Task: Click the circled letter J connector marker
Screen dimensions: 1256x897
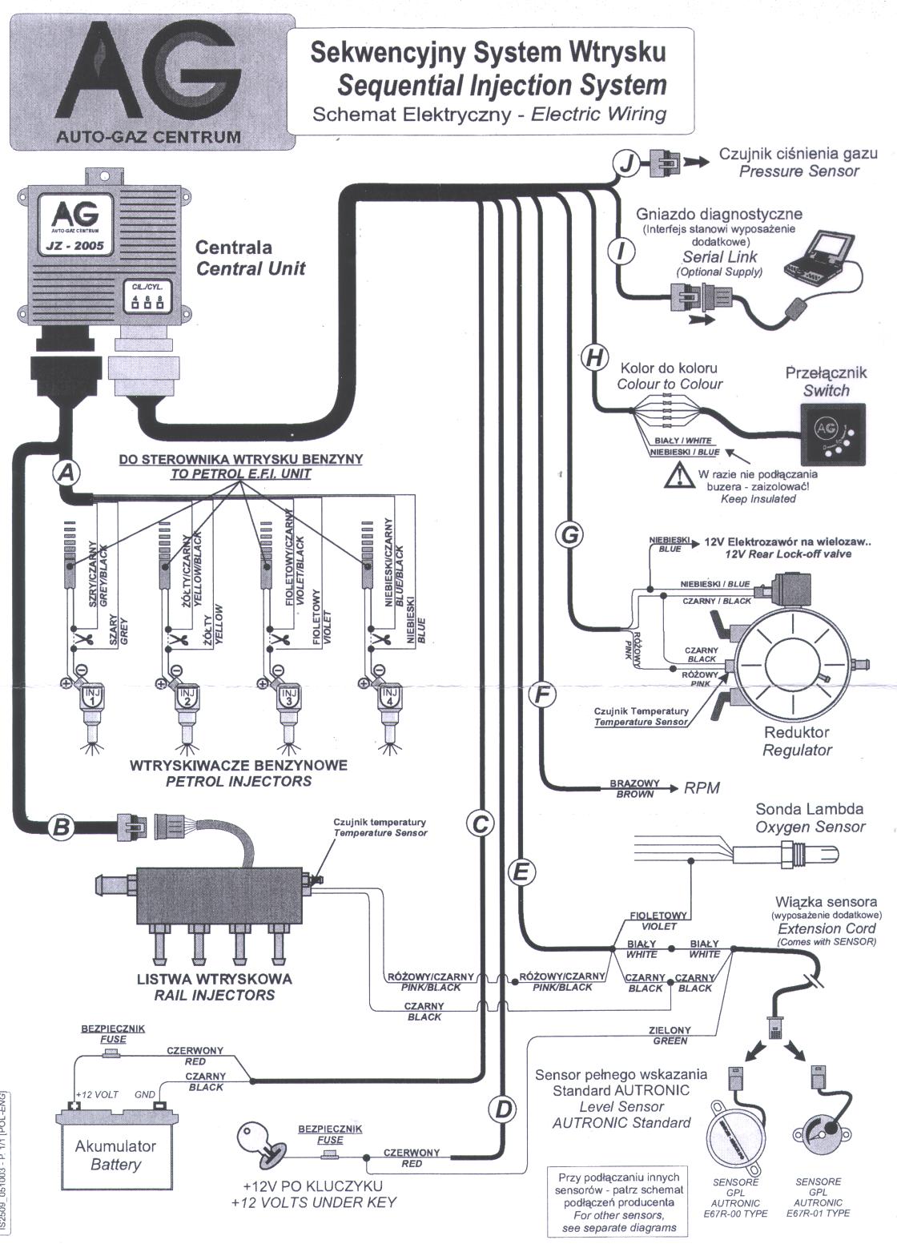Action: point(625,164)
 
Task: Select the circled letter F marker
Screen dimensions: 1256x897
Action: point(542,695)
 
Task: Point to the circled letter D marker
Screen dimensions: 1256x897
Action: point(502,1109)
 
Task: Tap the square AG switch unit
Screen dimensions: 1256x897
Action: point(833,433)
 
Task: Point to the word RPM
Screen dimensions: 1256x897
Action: point(701,788)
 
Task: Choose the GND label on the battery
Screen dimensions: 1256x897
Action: point(145,1094)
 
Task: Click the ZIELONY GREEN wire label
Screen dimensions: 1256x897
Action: point(670,1036)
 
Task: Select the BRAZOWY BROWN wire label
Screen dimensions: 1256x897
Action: point(634,789)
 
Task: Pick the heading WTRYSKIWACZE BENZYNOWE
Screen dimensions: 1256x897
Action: point(238,765)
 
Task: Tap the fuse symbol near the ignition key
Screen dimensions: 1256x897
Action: point(328,1157)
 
